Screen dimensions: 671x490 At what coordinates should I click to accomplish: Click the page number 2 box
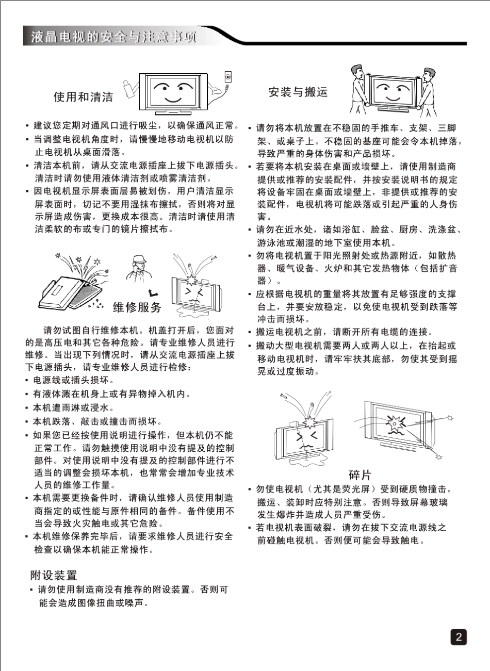(458, 637)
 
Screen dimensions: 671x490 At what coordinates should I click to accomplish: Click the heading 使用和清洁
(84, 97)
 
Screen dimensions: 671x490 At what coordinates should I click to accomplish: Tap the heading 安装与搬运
(298, 92)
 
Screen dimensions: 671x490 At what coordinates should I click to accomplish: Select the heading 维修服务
(137, 308)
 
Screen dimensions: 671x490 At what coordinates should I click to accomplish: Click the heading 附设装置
(54, 575)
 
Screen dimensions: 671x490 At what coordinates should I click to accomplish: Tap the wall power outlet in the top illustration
(228, 77)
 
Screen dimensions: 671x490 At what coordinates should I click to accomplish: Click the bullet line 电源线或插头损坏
(71, 381)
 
